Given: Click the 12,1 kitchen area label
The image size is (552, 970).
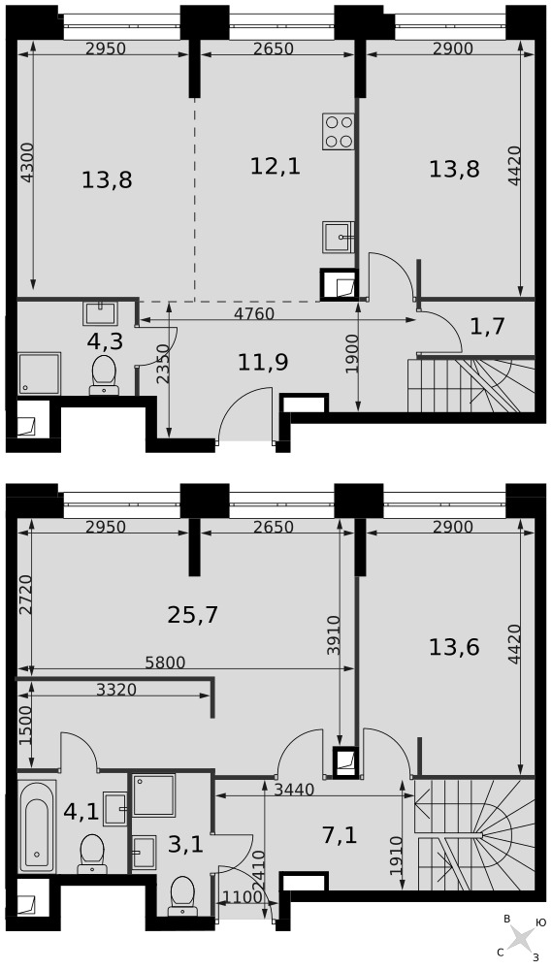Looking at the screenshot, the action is tap(276, 166).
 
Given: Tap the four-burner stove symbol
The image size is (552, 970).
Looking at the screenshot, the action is tap(338, 131).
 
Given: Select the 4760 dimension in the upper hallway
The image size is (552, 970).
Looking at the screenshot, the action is tap(254, 313).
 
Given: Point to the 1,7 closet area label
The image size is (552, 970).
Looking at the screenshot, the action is tap(488, 326).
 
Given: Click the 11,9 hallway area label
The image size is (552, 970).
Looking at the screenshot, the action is tap(263, 363).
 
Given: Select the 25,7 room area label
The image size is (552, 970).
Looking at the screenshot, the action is tap(193, 615).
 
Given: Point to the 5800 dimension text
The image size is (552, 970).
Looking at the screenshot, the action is tap(165, 663).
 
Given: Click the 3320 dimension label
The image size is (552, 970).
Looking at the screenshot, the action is tap(116, 689).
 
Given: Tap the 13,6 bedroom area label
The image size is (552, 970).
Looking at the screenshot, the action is tap(454, 648).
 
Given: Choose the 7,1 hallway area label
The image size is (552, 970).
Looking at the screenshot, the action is tap(341, 835).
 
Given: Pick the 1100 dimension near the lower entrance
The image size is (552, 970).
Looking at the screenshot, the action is tap(239, 896).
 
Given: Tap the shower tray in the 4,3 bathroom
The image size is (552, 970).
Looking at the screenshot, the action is tap(39, 373).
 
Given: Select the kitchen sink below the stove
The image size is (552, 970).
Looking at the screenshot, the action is tap(338, 237).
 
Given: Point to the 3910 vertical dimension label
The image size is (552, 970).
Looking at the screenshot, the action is tap(333, 635).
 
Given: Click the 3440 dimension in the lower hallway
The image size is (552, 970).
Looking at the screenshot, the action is tap(295, 790).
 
